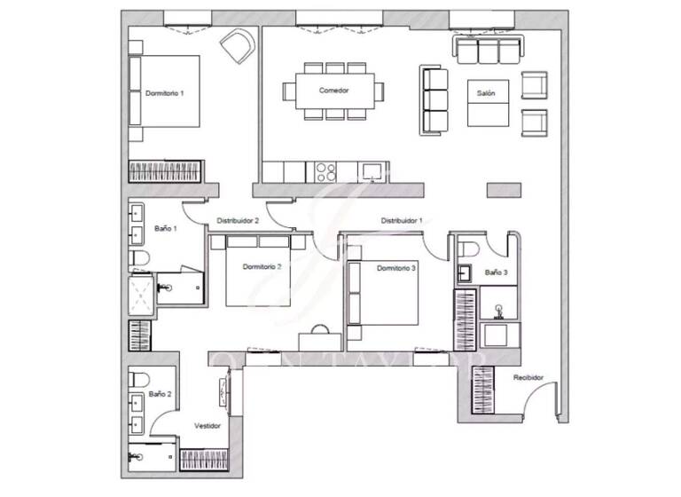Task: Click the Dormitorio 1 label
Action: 164,93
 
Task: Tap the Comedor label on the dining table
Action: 334,91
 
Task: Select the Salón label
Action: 486,92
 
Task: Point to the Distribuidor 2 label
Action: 238,220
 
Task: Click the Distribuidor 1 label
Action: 401,220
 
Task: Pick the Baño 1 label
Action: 166,228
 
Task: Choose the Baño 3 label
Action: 496,272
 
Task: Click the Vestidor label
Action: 207,425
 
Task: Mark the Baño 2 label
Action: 160,393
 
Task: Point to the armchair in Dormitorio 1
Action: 237,46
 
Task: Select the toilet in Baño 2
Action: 137,380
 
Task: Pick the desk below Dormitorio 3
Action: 318,338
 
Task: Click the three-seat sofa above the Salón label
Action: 489,51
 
